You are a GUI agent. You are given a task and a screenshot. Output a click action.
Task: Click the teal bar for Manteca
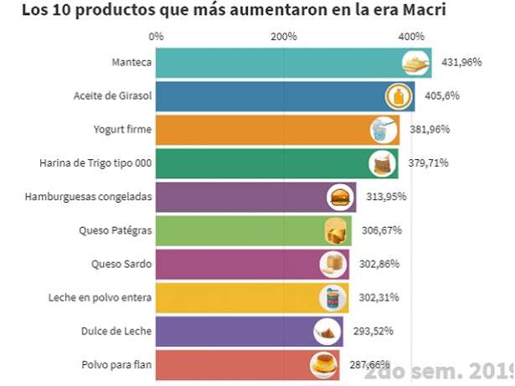[276, 63]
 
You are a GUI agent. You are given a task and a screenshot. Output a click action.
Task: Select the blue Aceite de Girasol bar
[268, 95]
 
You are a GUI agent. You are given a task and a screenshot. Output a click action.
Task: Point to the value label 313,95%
[388, 197]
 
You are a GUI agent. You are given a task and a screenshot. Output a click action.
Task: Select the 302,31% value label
[379, 297]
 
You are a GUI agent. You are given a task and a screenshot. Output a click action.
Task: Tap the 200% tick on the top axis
[284, 37]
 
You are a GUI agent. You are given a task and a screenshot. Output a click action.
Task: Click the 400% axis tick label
[411, 37]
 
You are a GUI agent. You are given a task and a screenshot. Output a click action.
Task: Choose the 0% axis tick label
[157, 37]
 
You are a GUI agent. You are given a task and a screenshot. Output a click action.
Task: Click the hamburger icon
[340, 198]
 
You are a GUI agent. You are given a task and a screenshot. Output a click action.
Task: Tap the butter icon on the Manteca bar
[415, 63]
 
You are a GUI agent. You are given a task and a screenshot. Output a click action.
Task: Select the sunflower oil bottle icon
[399, 96]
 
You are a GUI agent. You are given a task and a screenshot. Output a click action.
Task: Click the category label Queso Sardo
[121, 264]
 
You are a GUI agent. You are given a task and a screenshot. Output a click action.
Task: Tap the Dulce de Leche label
[117, 331]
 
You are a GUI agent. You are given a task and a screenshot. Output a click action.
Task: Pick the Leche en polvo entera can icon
[332, 298]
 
